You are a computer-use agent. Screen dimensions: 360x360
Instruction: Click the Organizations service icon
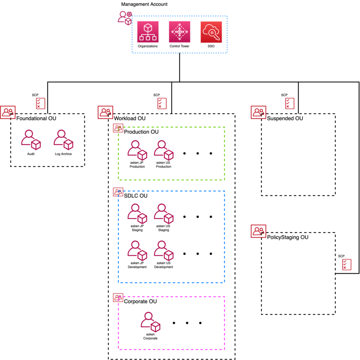click(x=148, y=32)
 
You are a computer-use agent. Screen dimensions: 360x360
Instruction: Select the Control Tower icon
click(x=179, y=32)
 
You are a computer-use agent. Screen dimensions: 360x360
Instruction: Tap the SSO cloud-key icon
click(x=211, y=32)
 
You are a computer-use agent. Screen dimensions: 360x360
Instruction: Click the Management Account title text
click(x=144, y=4)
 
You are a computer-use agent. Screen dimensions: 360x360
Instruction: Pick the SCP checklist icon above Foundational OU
click(x=40, y=103)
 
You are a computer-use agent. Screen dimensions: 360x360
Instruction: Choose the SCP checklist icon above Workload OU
click(x=162, y=103)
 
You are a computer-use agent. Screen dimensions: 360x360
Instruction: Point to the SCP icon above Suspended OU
click(x=290, y=103)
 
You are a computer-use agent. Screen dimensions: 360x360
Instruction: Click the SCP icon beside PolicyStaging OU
click(x=347, y=264)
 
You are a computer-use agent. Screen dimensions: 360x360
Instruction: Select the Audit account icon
click(x=31, y=140)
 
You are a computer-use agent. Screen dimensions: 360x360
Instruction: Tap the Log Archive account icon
click(x=63, y=140)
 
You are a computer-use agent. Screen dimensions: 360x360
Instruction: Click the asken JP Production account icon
click(x=137, y=150)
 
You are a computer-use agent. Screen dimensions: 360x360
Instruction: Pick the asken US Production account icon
click(x=163, y=150)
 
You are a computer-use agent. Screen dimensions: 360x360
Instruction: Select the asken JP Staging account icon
click(x=137, y=214)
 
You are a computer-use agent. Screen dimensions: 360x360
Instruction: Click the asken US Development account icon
click(x=163, y=251)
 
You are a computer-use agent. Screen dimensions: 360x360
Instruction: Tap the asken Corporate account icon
click(x=150, y=322)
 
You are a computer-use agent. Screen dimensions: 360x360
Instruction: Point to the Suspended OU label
click(x=285, y=118)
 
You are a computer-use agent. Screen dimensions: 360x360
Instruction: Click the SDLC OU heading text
click(x=136, y=196)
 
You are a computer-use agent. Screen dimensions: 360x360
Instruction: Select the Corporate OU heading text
click(x=140, y=301)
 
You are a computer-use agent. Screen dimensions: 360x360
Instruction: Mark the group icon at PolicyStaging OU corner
click(x=258, y=231)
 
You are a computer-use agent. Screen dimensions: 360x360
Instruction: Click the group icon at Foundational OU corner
click(x=8, y=112)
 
